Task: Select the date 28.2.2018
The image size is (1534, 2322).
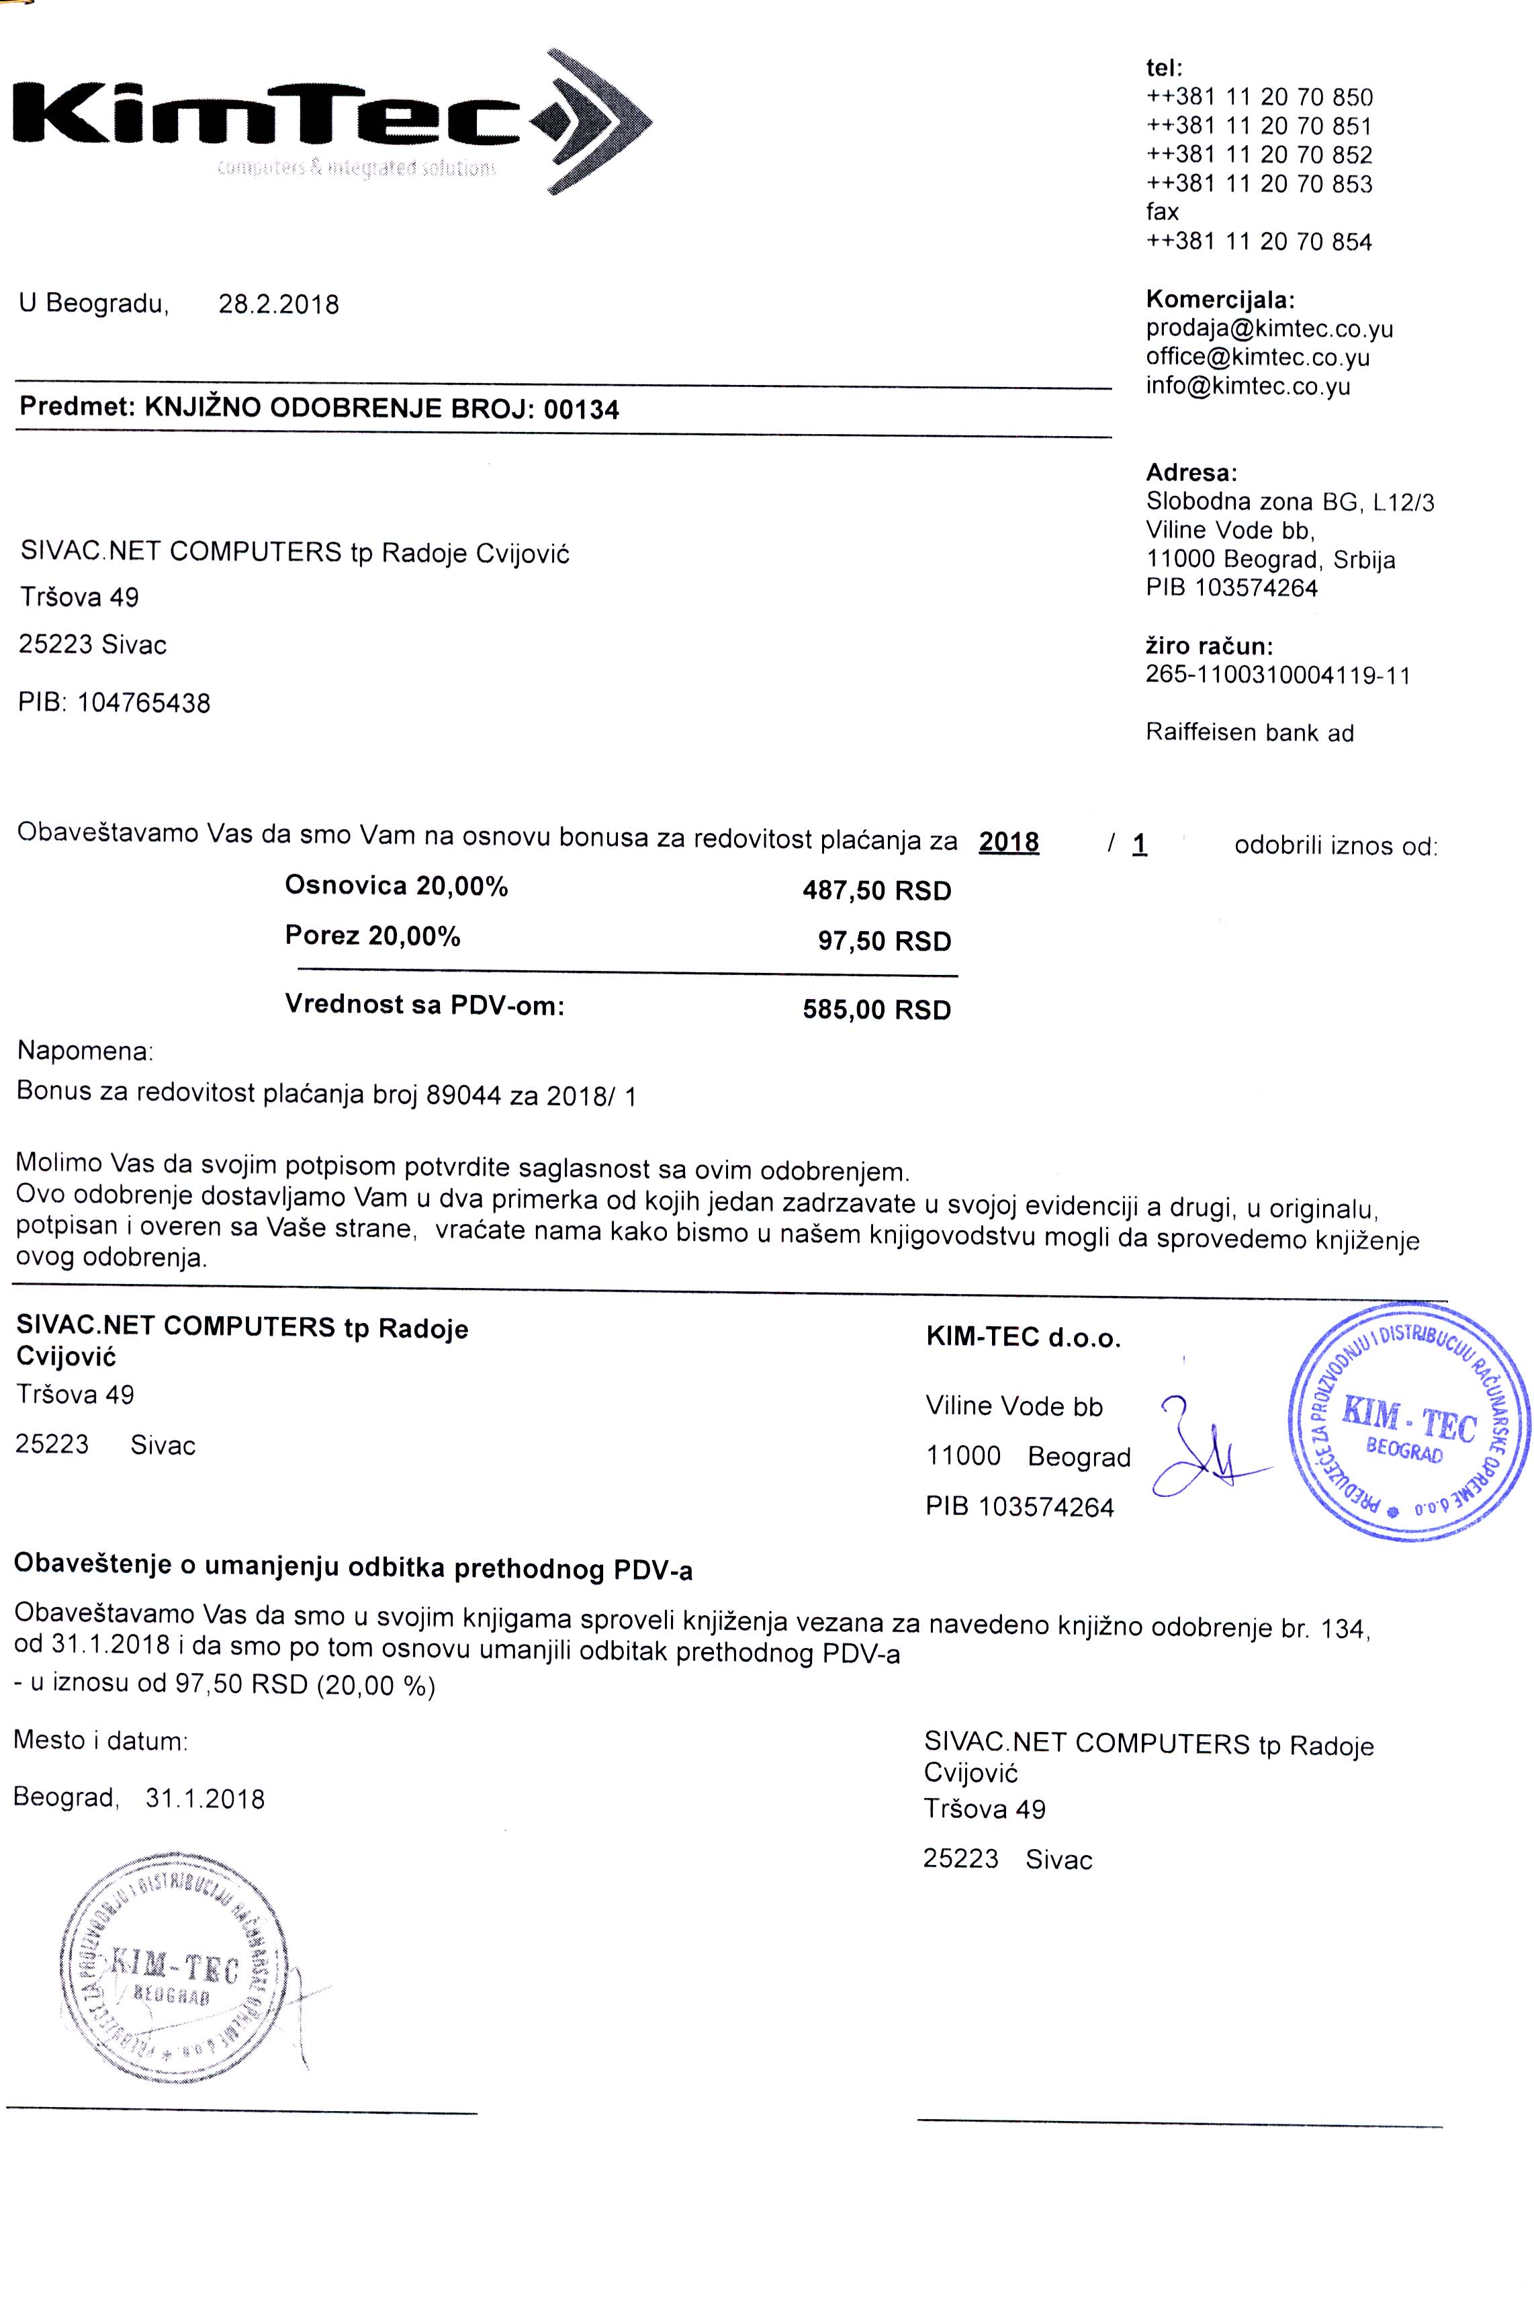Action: point(279,304)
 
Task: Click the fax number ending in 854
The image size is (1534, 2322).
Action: point(1259,242)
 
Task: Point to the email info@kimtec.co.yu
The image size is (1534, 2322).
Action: point(1247,386)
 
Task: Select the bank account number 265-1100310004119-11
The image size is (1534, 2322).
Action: point(1277,675)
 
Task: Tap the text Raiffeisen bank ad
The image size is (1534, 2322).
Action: point(1249,733)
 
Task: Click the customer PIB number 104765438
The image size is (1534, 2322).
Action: point(144,703)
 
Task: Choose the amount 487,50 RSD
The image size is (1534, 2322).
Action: point(876,890)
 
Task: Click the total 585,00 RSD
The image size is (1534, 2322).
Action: point(876,1010)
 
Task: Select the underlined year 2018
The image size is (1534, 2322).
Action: point(1009,843)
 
